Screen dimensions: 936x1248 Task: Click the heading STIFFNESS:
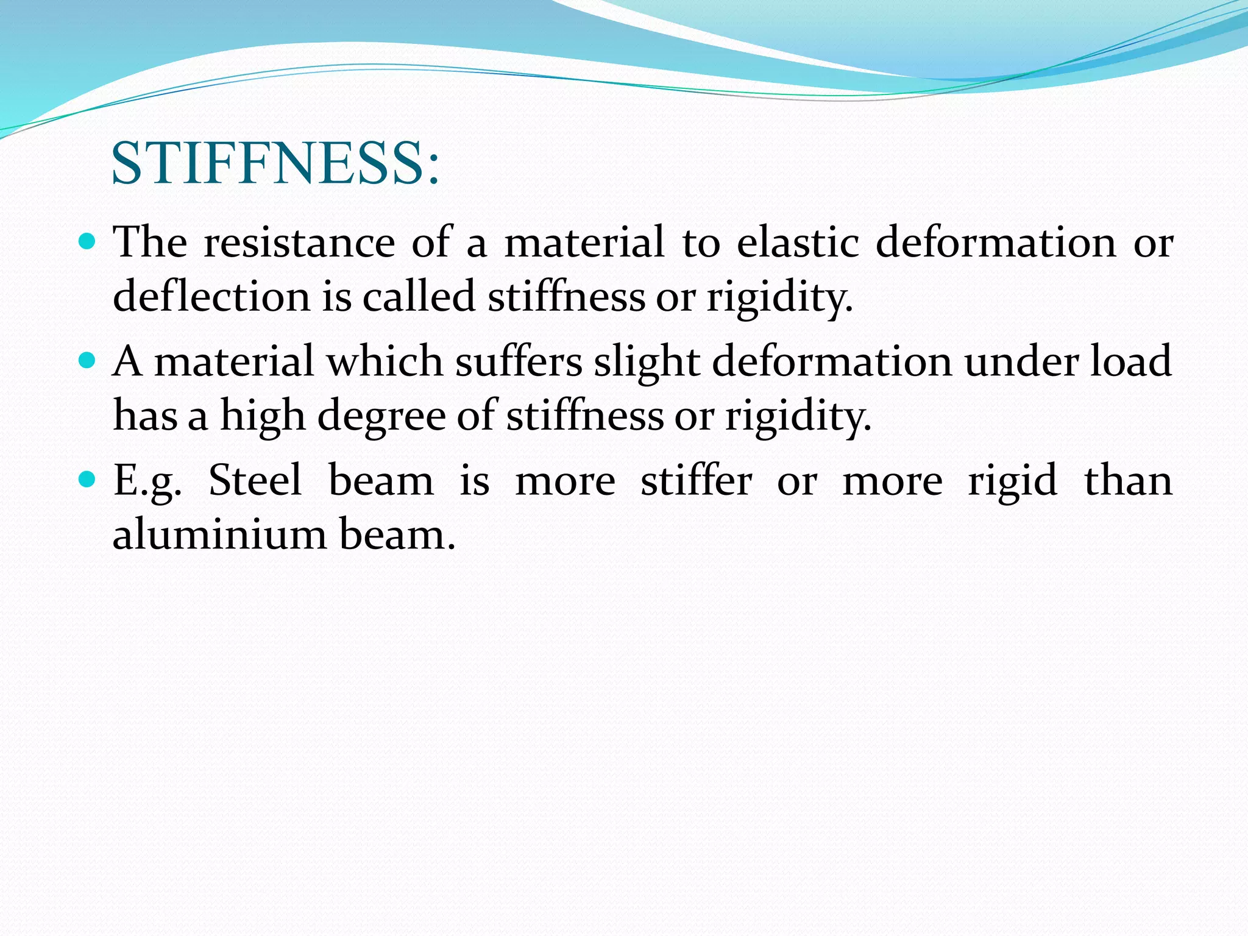[275, 163]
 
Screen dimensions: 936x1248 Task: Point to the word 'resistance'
[299, 243]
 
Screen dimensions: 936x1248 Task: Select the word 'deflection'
[211, 297]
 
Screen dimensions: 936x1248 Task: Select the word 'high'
[263, 416]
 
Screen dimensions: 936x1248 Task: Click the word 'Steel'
[255, 481]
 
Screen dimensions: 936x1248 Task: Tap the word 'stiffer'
[696, 481]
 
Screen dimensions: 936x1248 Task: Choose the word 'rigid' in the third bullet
[1012, 481]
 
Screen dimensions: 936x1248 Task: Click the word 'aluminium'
[219, 534]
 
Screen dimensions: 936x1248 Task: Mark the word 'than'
[1128, 481]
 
